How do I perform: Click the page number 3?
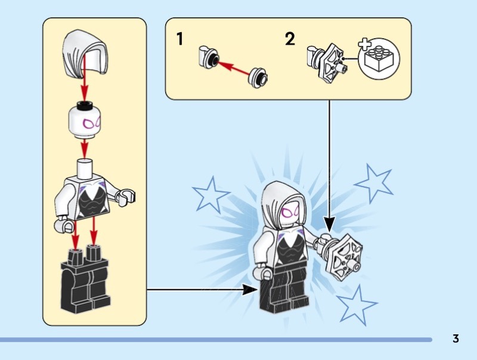click(x=456, y=339)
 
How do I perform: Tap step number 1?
click(x=179, y=40)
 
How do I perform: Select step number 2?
click(x=290, y=40)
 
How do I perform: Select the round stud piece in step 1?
click(x=259, y=75)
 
